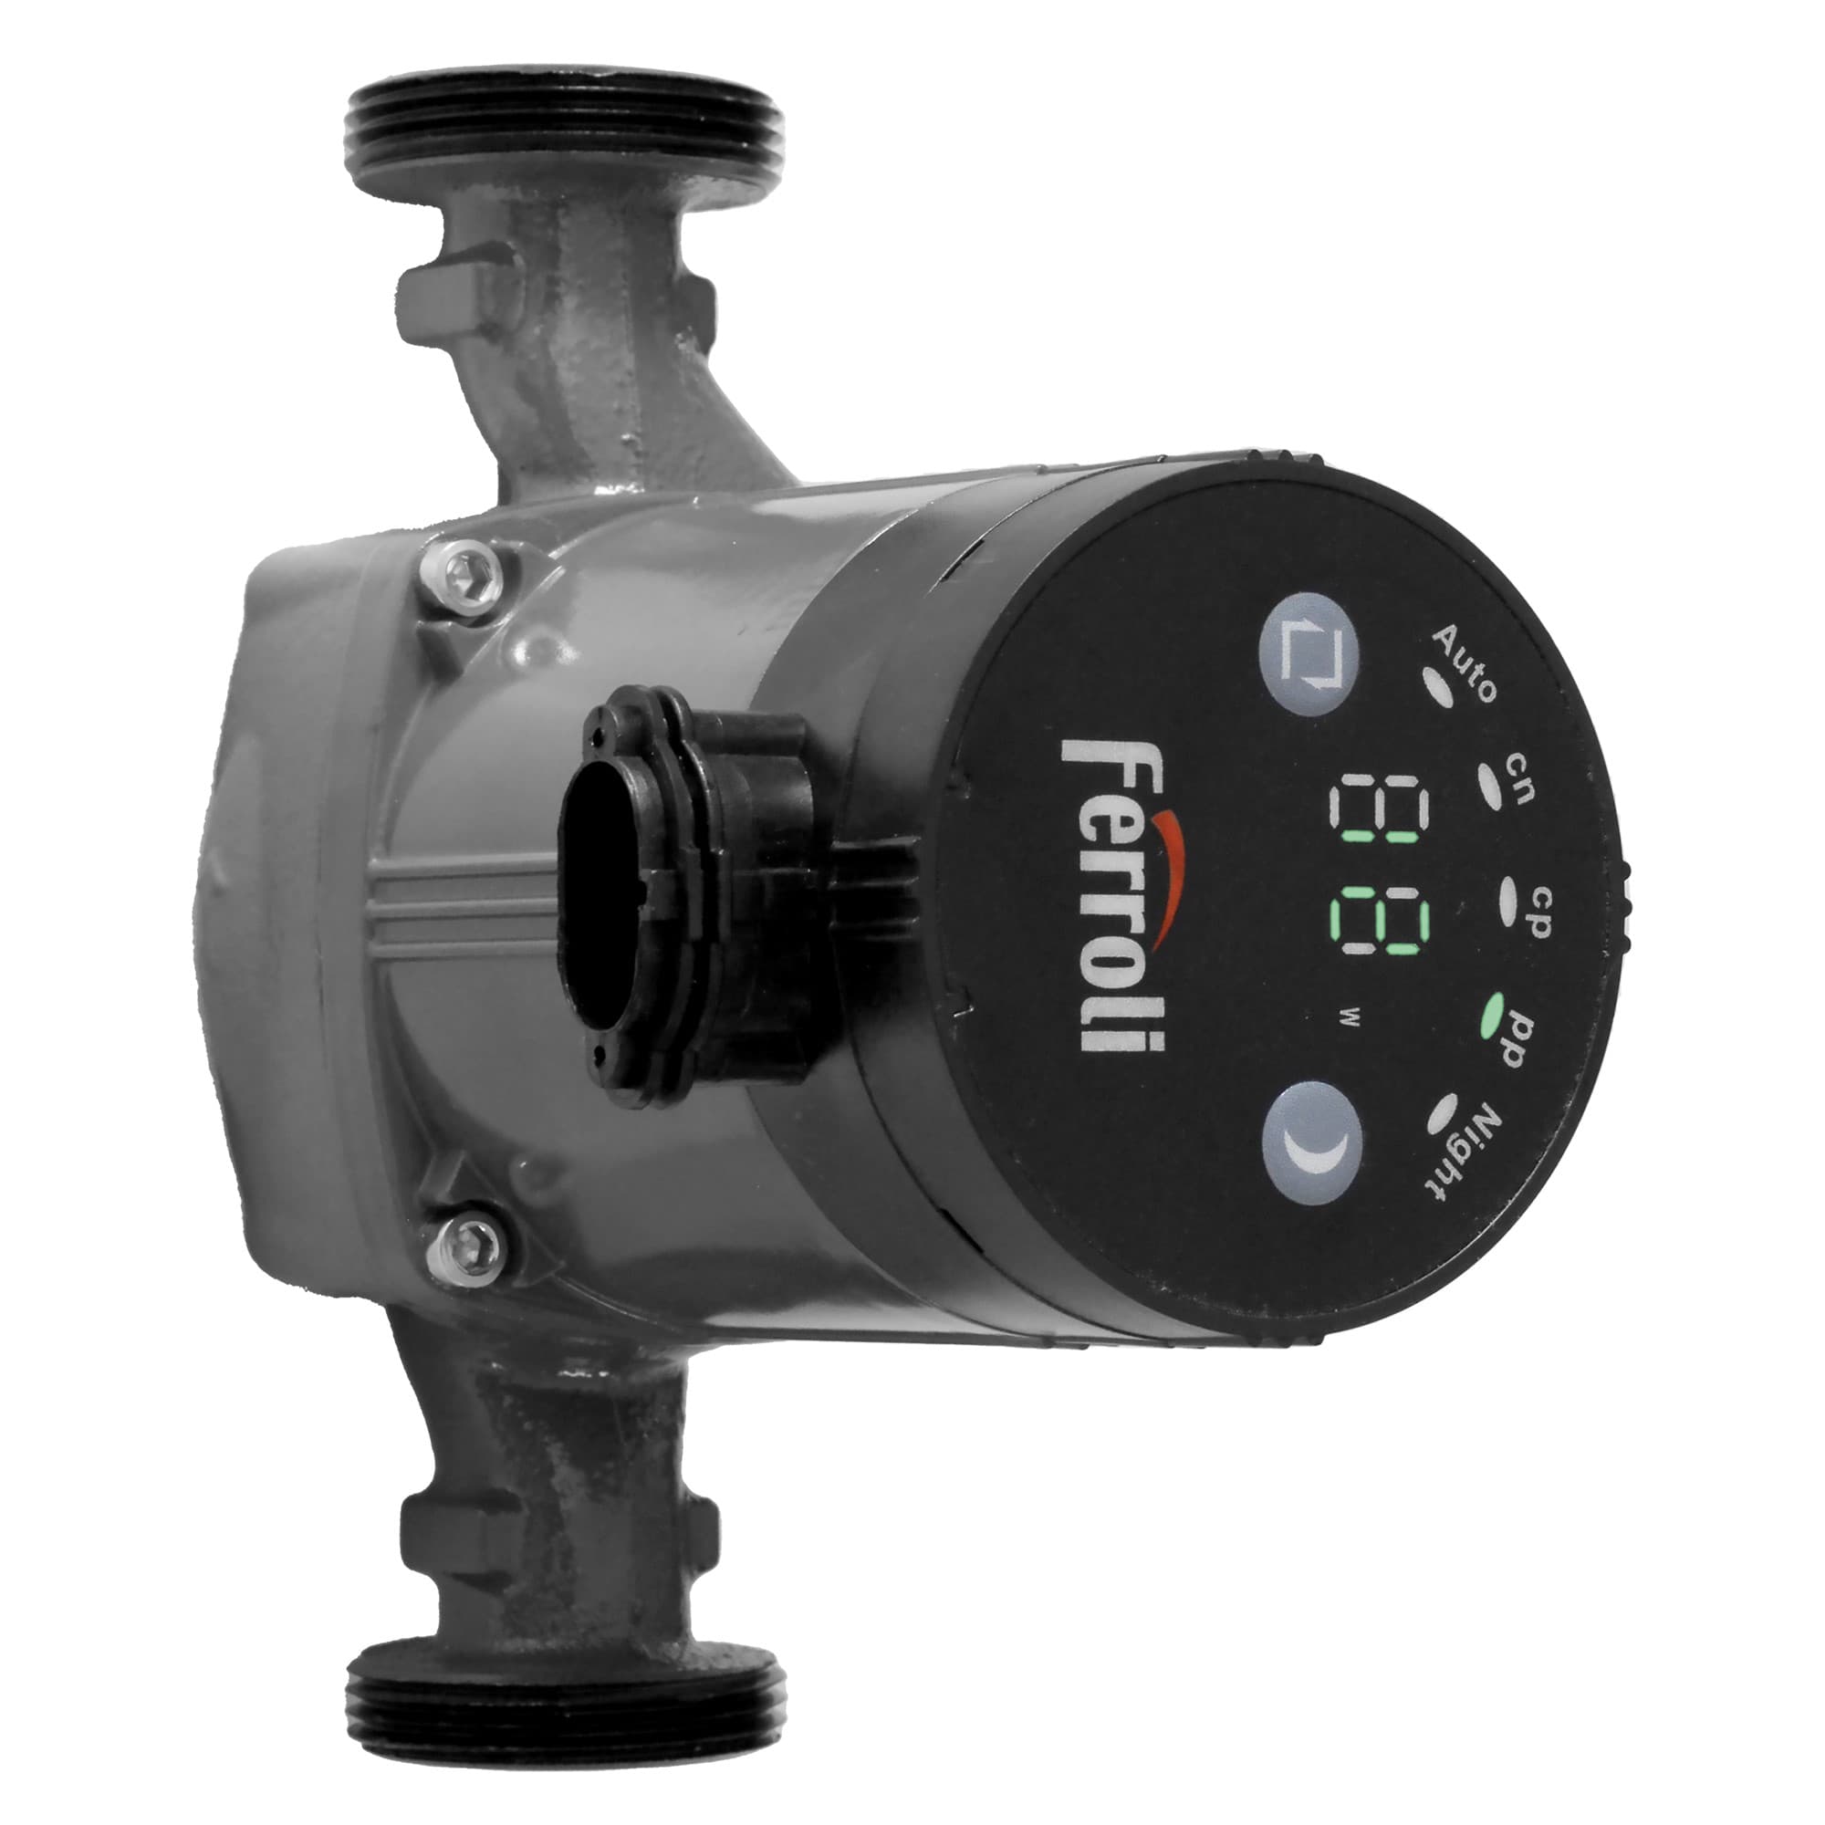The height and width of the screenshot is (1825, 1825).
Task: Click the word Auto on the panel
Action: click(x=1465, y=663)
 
